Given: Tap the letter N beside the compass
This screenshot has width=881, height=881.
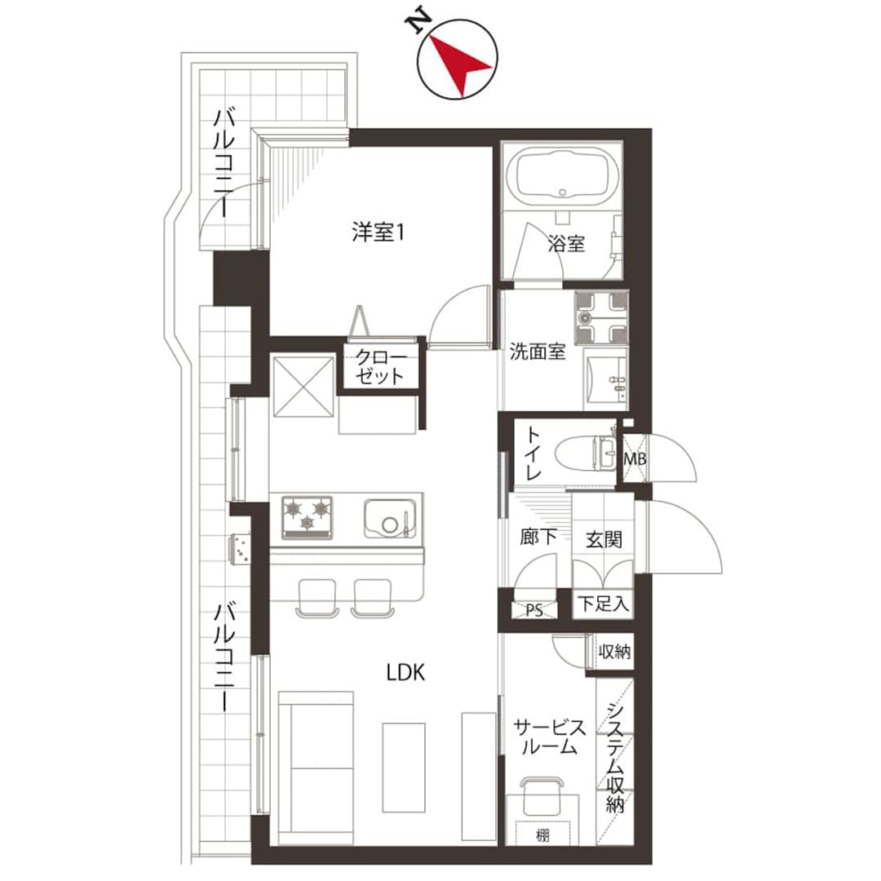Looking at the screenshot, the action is [x=418, y=23].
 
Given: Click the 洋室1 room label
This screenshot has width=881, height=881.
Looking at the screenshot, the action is [x=378, y=232].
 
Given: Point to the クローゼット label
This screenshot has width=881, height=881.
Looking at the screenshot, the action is [x=380, y=367].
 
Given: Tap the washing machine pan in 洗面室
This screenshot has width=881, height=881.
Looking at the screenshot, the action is [x=601, y=317].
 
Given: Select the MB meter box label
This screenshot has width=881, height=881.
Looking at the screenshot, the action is [x=635, y=459].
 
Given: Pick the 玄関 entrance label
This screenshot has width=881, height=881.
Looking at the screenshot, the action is [x=604, y=539].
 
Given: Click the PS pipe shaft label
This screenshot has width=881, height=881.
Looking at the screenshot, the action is [x=534, y=610].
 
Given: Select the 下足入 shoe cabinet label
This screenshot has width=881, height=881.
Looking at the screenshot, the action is [x=604, y=604].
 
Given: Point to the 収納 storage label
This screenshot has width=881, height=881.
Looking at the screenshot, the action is [x=615, y=652].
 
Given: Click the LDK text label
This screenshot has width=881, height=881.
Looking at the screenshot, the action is [x=405, y=672].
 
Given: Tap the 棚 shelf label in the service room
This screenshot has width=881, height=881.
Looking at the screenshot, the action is [x=542, y=835].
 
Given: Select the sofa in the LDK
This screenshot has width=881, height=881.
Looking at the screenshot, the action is [x=316, y=768].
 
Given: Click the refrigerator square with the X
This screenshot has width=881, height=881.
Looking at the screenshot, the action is [x=303, y=386].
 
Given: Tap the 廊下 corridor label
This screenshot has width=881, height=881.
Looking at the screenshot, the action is [x=538, y=537].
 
